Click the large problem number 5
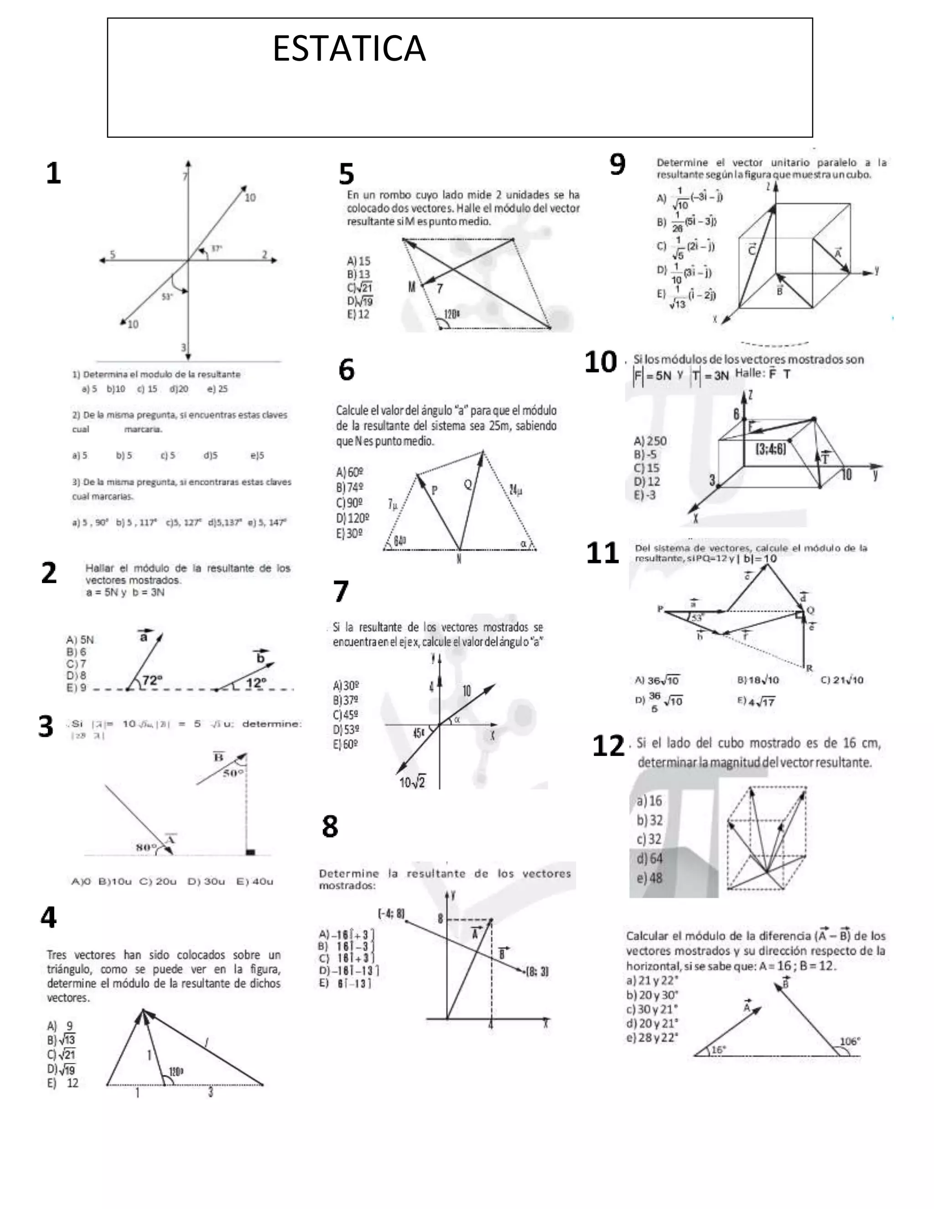point(347,174)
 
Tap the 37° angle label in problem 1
point(216,249)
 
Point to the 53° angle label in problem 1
point(167,297)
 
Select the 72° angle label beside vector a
point(152,680)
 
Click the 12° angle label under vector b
point(256,683)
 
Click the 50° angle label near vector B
point(233,773)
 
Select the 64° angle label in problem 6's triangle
point(400,540)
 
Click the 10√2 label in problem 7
point(412,782)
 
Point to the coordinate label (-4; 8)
point(391,914)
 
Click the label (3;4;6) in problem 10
point(770,449)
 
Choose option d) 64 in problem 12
point(649,859)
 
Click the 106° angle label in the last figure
point(849,1041)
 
